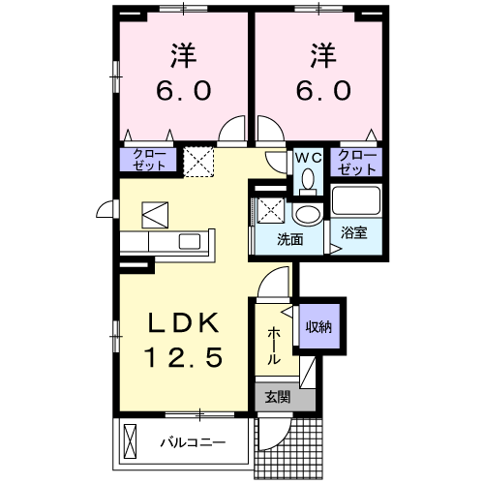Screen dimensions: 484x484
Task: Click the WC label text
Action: [x=308, y=156]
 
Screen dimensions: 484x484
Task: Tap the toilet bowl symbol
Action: [x=308, y=180]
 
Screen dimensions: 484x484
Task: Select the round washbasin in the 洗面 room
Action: [x=308, y=214]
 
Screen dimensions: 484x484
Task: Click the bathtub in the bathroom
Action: [x=357, y=201]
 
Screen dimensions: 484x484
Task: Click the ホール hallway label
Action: [x=274, y=346]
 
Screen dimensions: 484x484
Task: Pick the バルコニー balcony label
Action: [x=194, y=443]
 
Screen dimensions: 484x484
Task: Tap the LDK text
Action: [x=184, y=323]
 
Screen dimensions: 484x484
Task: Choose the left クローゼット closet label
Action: [x=148, y=160]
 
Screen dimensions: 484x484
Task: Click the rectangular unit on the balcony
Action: [x=132, y=443]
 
